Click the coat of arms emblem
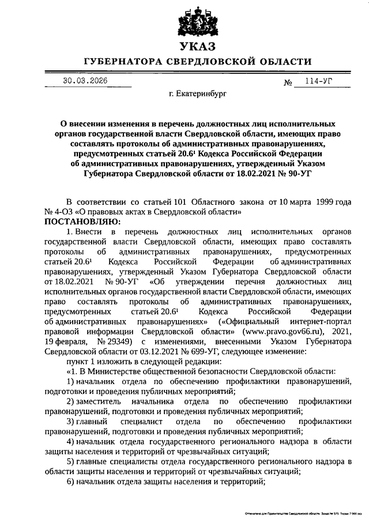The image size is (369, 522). pyautogui.click(x=197, y=22)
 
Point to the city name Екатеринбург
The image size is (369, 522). pyautogui.click(x=198, y=92)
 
